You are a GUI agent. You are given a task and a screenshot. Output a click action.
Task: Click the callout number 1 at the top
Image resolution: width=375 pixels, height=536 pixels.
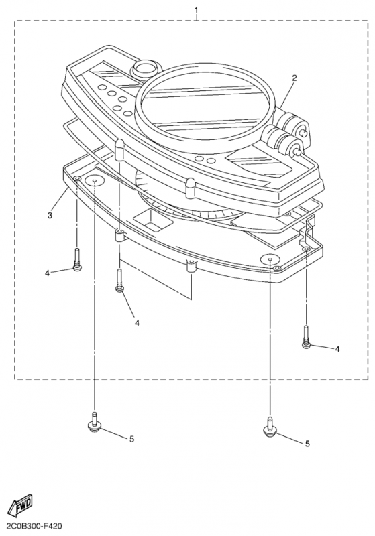196,10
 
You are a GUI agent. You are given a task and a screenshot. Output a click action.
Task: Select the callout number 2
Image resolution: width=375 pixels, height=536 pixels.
294,78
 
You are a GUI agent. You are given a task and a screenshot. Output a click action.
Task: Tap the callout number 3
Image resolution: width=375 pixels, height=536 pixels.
50,215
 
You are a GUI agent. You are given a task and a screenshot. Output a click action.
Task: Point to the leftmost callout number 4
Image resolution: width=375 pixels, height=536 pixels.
48,273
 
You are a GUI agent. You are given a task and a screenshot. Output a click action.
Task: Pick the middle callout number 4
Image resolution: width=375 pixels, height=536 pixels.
138,322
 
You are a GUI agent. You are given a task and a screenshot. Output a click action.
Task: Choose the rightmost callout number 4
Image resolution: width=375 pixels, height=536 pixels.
337,349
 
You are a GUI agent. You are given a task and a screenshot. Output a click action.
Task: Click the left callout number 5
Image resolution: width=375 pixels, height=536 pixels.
131,439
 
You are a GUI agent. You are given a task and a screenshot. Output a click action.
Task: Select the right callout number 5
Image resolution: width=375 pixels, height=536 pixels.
307,443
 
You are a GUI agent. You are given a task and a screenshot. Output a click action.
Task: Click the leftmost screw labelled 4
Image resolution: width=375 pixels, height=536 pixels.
77,261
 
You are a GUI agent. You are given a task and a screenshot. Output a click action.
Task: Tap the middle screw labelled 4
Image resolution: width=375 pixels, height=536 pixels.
119,281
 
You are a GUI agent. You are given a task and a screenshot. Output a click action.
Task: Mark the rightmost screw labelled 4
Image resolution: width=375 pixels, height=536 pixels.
306,338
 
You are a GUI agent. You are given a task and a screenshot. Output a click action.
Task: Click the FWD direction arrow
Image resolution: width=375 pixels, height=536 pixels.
21,506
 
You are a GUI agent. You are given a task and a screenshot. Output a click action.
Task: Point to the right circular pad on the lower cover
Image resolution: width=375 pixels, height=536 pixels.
270,258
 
